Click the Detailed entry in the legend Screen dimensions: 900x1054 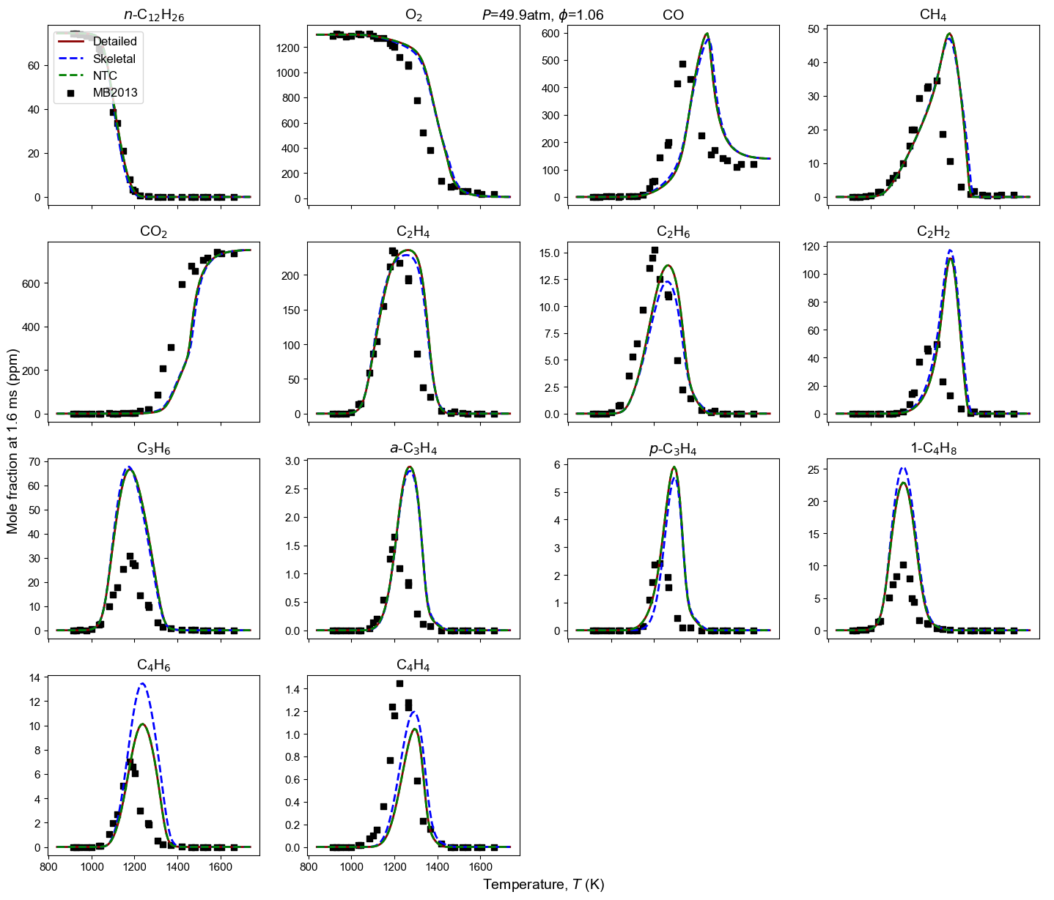(x=114, y=42)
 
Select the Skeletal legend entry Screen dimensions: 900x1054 (x=114, y=59)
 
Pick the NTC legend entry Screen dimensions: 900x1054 (x=105, y=75)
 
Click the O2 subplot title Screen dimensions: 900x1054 (x=413, y=15)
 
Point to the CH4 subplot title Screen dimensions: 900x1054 (x=933, y=15)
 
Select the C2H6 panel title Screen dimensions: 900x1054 (x=673, y=232)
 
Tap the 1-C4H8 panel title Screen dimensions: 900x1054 (x=933, y=449)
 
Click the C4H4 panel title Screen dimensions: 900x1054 (x=413, y=665)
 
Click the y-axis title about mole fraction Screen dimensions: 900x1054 (x=12, y=440)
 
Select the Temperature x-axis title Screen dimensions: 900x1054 (x=543, y=885)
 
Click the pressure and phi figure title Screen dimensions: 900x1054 (x=543, y=15)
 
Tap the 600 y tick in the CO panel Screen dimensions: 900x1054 (x=550, y=33)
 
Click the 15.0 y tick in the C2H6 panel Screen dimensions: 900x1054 (x=549, y=253)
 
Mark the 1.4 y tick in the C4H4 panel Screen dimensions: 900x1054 (x=291, y=689)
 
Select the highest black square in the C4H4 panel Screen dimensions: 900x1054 (x=399, y=683)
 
